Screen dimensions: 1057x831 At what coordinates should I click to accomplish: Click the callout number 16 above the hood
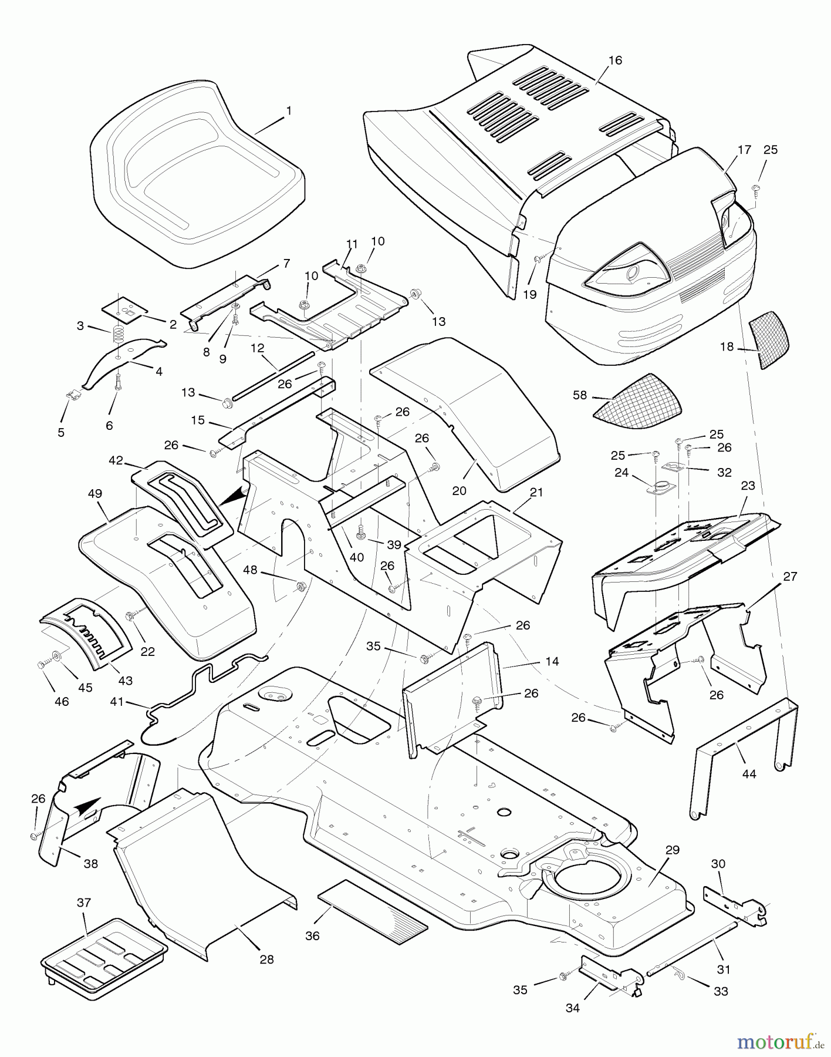[615, 60]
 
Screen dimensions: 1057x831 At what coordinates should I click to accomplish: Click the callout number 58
[580, 395]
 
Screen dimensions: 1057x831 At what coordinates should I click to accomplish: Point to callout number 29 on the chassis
[673, 850]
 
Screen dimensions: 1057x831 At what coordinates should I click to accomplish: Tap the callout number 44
[749, 774]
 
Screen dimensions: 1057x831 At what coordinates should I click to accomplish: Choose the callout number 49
[95, 494]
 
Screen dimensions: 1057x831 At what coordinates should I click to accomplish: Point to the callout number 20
[459, 474]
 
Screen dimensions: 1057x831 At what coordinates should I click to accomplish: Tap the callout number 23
[748, 486]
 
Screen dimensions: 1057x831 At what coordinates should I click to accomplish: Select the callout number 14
[552, 661]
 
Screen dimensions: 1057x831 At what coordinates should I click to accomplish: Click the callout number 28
[266, 959]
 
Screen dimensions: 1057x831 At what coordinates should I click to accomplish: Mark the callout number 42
[116, 460]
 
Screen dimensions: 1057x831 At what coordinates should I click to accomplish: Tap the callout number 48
[250, 569]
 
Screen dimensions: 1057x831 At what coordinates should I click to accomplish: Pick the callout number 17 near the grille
[744, 150]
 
